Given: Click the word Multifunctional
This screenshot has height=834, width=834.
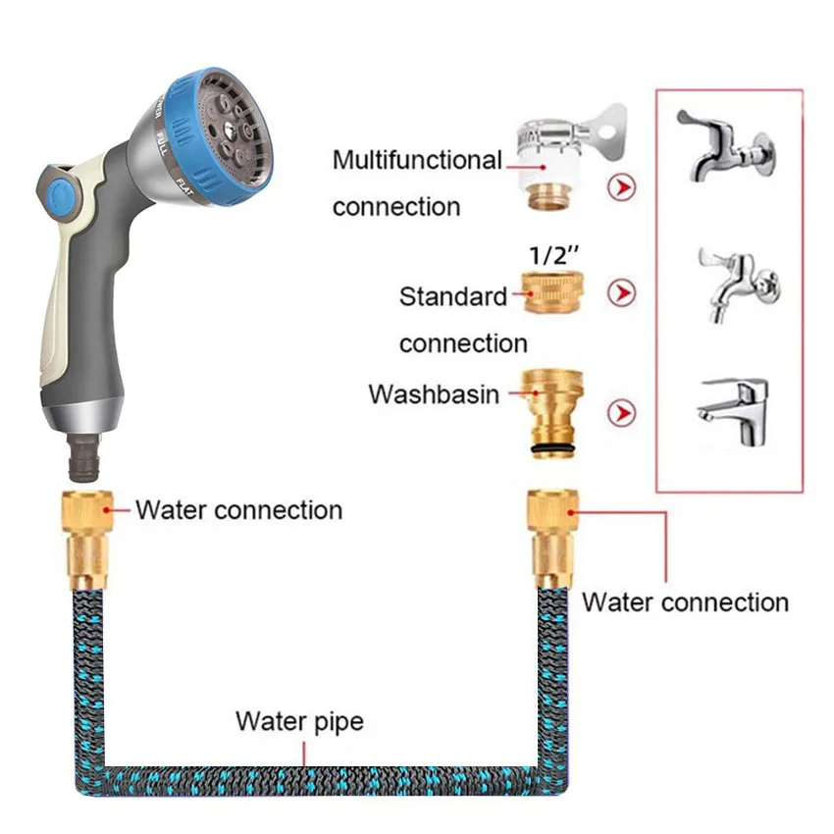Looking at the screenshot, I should pos(417,160).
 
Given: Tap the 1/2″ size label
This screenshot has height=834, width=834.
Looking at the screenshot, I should pos(554,254).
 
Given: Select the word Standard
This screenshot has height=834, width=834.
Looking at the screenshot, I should pos(453,295).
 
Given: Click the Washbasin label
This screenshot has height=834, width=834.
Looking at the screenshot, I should pos(434,394).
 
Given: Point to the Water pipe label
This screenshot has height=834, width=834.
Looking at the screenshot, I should pos(299,722).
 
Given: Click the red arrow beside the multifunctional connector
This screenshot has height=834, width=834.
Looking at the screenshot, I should pos(620,186).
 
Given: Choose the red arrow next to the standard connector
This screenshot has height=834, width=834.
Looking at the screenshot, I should pos(620,292).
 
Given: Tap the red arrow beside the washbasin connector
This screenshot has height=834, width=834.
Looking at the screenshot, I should pos(620,413).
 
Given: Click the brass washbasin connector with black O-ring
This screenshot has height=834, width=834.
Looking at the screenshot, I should pos(554,407).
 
